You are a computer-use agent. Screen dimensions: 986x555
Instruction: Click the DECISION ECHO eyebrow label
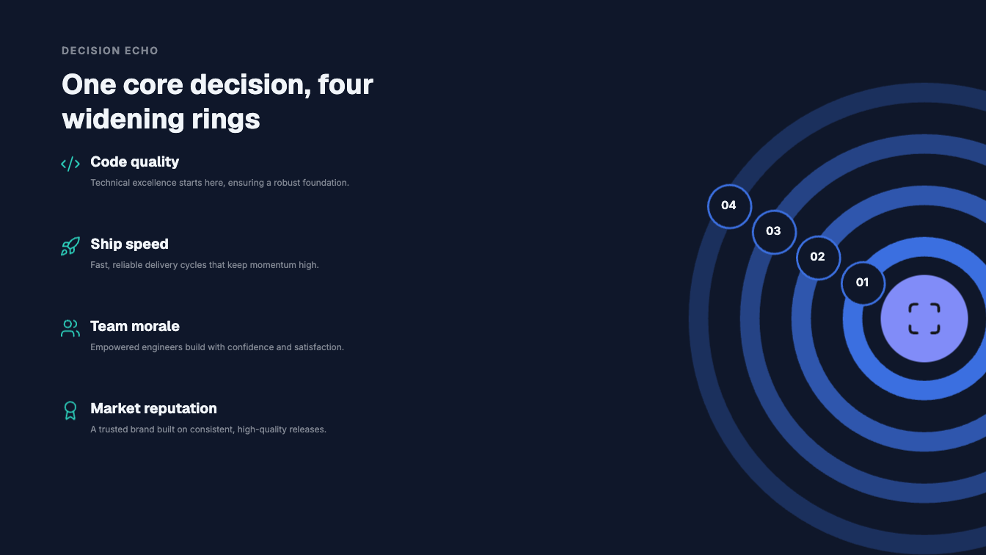point(109,51)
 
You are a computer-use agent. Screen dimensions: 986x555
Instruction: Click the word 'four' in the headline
point(346,84)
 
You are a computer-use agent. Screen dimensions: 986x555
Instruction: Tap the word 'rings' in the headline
point(226,119)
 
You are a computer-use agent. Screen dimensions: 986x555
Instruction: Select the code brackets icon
point(70,164)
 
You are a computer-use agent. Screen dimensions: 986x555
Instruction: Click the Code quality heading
point(135,162)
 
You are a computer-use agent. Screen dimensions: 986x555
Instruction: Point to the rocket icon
point(70,246)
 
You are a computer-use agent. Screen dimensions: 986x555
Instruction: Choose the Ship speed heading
point(129,244)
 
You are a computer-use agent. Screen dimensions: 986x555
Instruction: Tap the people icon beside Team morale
point(70,328)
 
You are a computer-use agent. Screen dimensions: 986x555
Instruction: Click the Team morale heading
point(135,326)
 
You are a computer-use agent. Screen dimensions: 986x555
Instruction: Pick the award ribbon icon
point(70,410)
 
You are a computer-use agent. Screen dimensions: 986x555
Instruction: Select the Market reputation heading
point(153,408)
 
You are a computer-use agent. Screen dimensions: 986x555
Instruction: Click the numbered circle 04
point(729,206)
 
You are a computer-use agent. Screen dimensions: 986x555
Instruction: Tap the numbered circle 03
point(774,232)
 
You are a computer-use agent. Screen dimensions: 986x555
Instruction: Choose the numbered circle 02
point(818,257)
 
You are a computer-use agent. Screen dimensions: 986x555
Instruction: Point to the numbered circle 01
point(863,283)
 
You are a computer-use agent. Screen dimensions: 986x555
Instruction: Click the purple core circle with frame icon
point(924,319)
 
